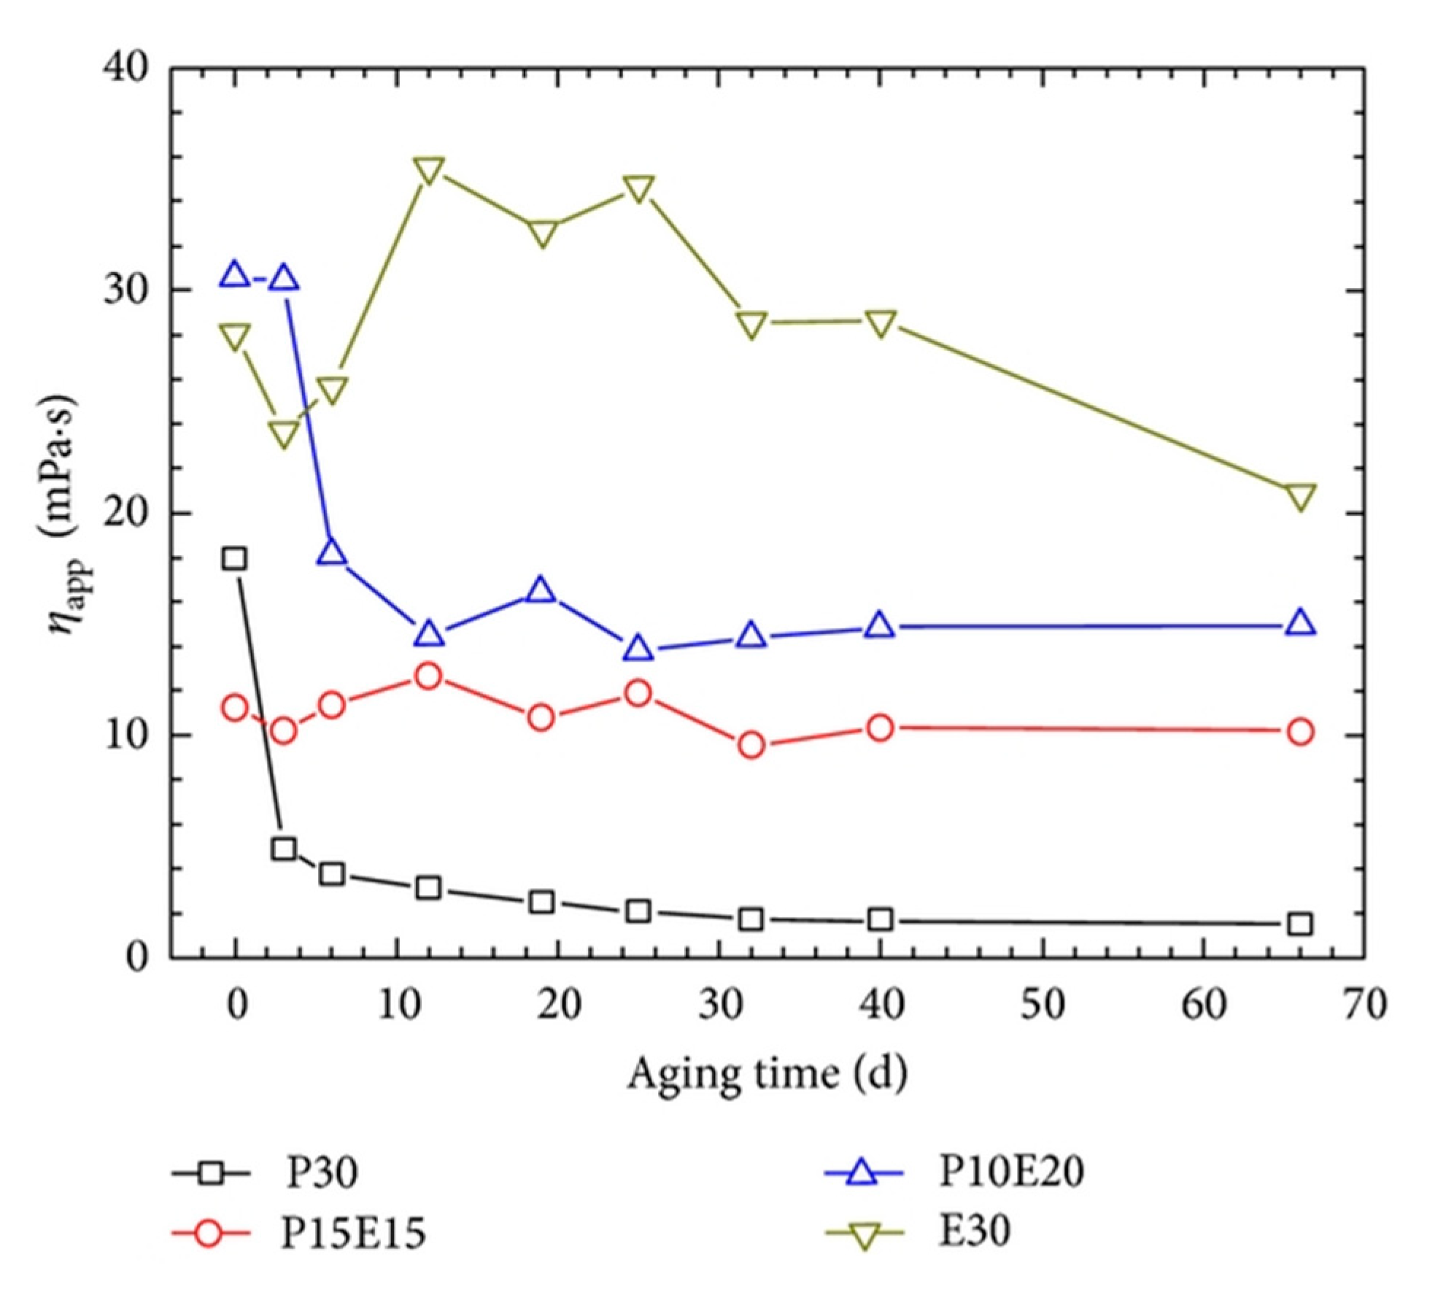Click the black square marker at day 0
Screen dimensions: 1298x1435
click(234, 559)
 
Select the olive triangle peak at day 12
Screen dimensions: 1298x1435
click(429, 170)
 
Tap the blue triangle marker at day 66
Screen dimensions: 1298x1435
click(1300, 622)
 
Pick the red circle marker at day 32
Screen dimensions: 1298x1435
click(751, 745)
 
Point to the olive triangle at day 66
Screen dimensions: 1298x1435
click(1300, 495)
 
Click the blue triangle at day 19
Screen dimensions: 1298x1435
click(541, 589)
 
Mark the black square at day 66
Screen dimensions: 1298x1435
click(1300, 924)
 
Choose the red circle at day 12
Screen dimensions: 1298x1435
click(429, 676)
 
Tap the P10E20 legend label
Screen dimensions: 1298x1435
click(1010, 1170)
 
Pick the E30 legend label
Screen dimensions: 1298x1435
click(973, 1232)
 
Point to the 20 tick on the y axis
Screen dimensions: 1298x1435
click(125, 514)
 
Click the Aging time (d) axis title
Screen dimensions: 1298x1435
click(767, 1073)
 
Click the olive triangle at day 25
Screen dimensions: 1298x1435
click(638, 188)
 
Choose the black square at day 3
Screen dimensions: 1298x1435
click(283, 849)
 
